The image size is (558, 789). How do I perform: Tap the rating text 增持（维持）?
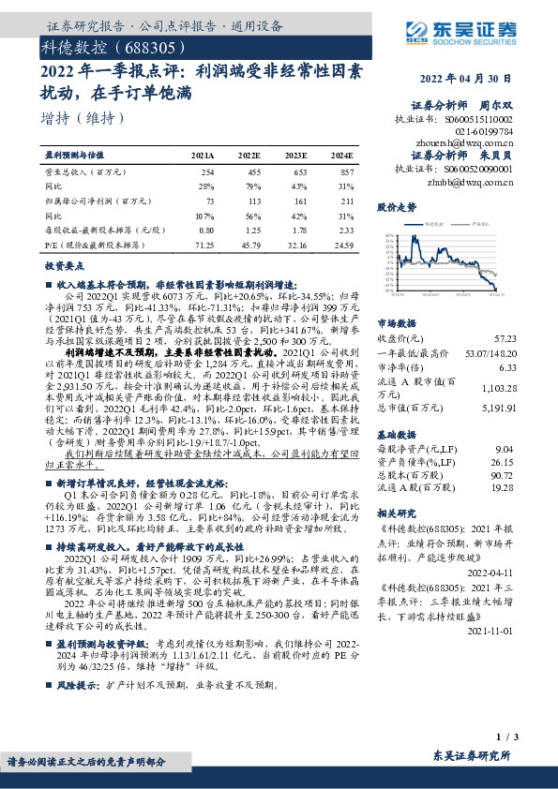[83, 118]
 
